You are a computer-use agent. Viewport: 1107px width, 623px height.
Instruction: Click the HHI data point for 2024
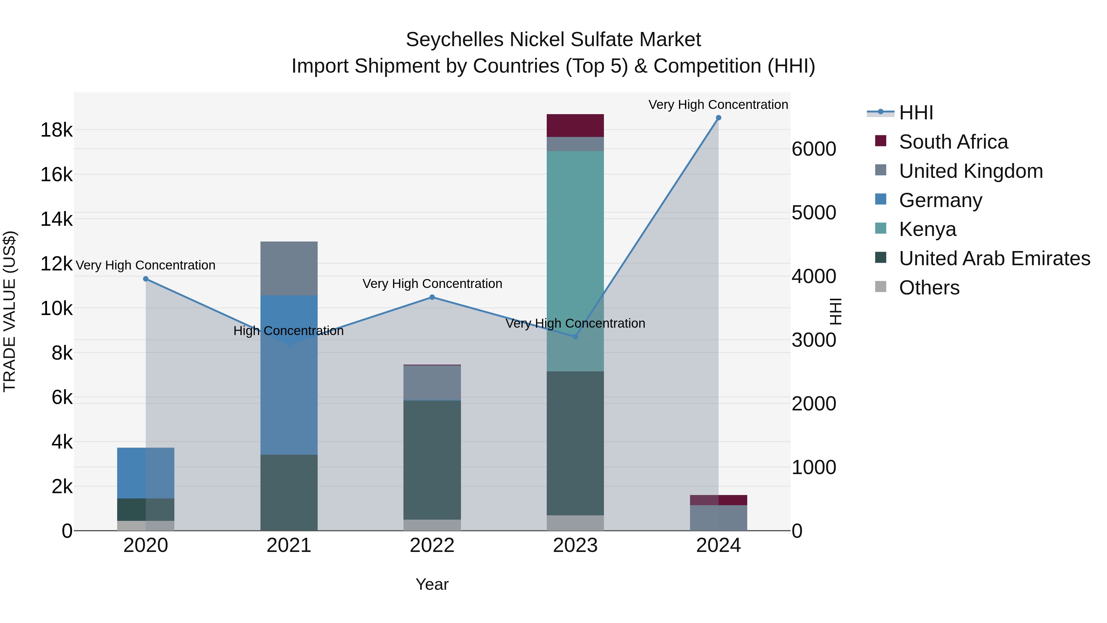tap(718, 118)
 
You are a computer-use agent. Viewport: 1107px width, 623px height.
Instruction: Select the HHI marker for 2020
tap(146, 279)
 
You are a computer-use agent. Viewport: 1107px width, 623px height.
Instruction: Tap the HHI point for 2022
tap(432, 297)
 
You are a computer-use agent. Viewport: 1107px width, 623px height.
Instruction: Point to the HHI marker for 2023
tap(575, 337)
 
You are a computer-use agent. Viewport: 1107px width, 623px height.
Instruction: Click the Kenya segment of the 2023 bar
tap(575, 258)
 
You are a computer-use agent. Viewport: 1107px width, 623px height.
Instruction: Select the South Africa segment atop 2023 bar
tap(575, 126)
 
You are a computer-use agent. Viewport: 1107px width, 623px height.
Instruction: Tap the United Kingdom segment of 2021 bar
tap(289, 268)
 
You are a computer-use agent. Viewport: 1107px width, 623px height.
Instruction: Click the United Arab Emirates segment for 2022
tap(432, 460)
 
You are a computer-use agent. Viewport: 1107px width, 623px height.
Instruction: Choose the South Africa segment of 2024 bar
tap(719, 500)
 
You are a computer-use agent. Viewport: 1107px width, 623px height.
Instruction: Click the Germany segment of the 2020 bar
tap(146, 473)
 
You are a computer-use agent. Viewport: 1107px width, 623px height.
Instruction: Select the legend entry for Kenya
tap(927, 229)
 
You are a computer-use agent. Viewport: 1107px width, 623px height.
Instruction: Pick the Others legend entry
tap(929, 288)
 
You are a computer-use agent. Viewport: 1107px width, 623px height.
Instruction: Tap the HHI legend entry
tap(916, 113)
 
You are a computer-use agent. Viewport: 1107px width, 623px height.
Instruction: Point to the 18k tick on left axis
tap(56, 130)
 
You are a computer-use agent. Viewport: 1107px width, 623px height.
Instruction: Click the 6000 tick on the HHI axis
tap(813, 149)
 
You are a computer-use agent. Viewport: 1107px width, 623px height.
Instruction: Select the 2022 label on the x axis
tap(432, 545)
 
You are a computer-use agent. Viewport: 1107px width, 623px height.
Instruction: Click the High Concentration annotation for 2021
tap(288, 331)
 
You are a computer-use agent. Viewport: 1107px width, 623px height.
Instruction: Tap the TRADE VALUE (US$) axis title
tap(10, 311)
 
